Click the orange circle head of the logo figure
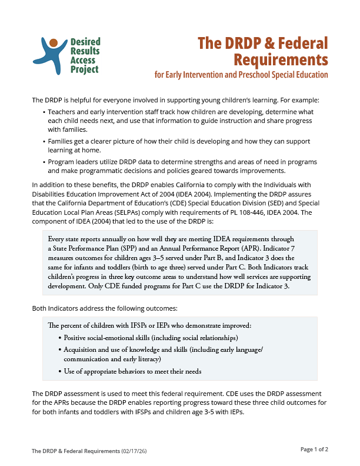[53, 43]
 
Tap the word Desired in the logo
[85, 42]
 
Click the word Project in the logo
[84, 70]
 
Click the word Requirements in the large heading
[281, 59]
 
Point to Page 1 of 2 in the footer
[314, 450]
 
